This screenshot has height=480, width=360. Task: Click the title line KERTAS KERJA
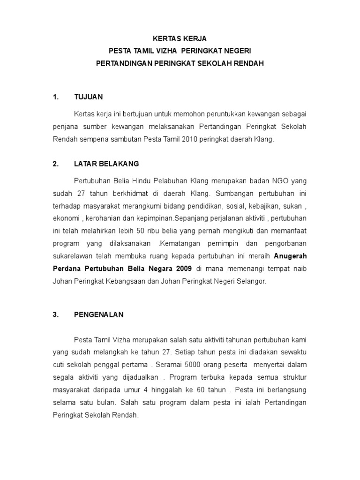click(x=180, y=38)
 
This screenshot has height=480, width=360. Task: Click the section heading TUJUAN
click(x=88, y=97)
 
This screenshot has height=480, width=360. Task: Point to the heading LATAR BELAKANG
click(x=106, y=164)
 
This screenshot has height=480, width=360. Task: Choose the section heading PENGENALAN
click(x=98, y=315)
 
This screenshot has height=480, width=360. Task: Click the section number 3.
click(x=56, y=315)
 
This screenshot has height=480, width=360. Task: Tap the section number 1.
click(x=56, y=97)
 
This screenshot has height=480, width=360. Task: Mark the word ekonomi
click(x=65, y=219)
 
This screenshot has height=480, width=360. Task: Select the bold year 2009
click(x=183, y=269)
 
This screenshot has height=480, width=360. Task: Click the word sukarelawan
click(x=72, y=256)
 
